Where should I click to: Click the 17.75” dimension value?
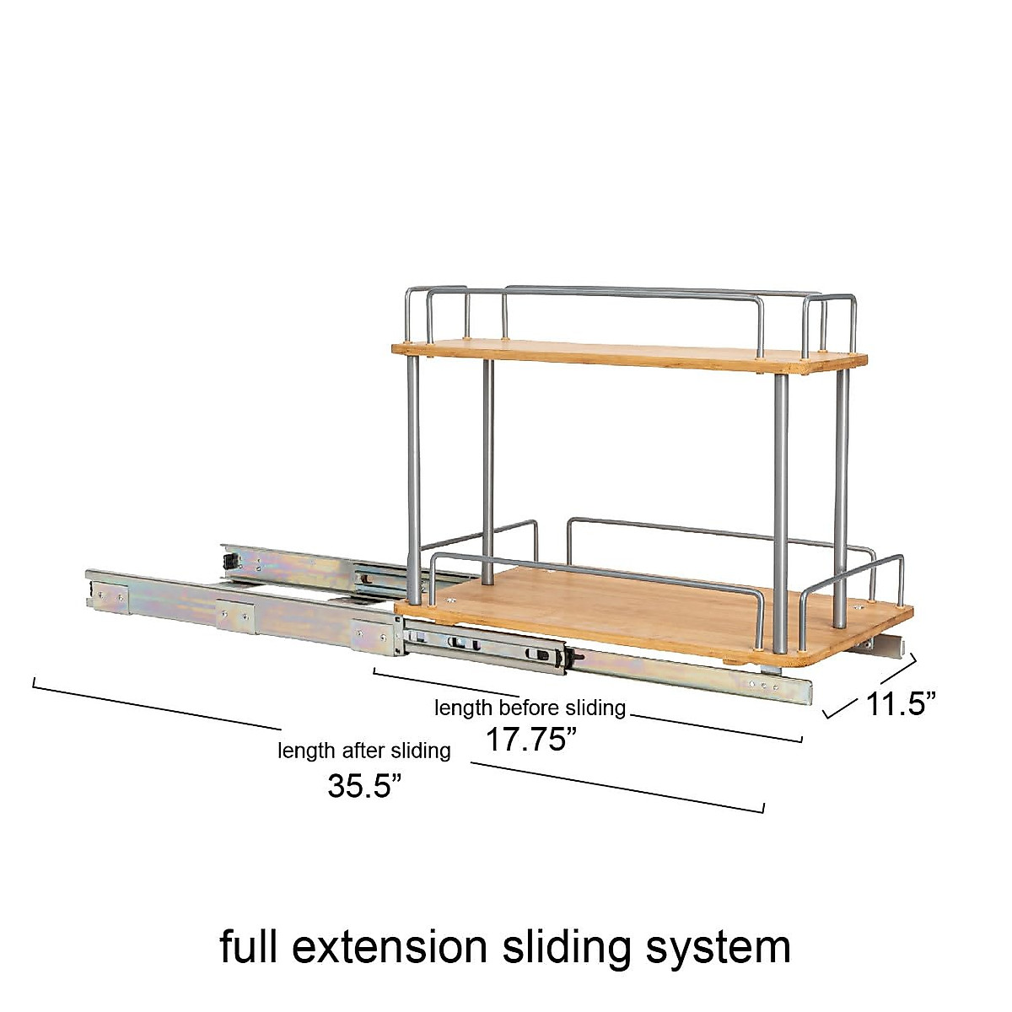click(532, 740)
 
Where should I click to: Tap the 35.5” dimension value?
click(365, 786)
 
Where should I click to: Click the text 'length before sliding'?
click(530, 708)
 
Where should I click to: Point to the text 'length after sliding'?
click(364, 751)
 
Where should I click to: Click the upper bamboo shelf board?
click(630, 356)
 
